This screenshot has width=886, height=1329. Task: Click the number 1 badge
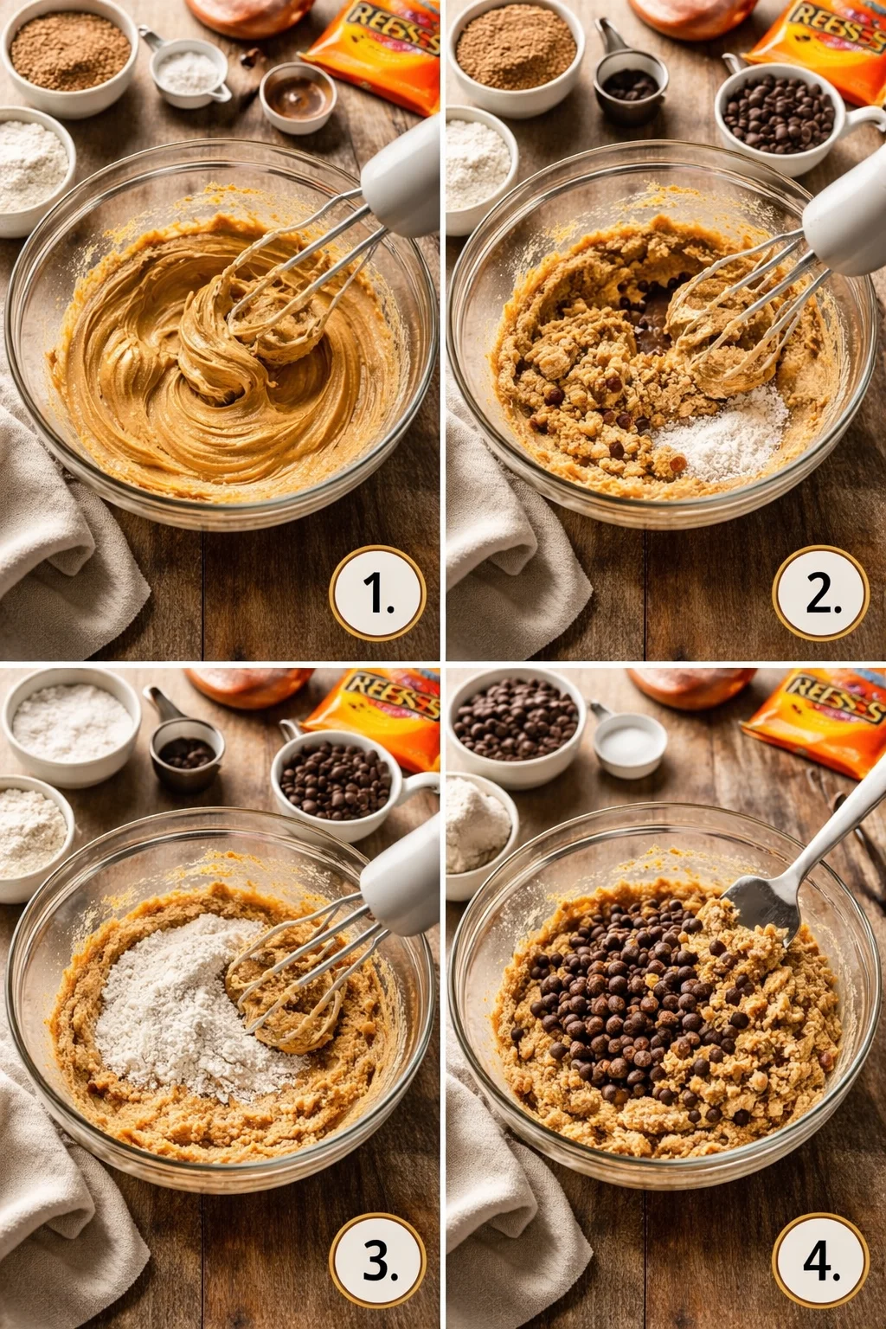click(x=377, y=594)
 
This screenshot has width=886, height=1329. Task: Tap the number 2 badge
click(x=821, y=594)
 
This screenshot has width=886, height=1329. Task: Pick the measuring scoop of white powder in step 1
click(x=189, y=73)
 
